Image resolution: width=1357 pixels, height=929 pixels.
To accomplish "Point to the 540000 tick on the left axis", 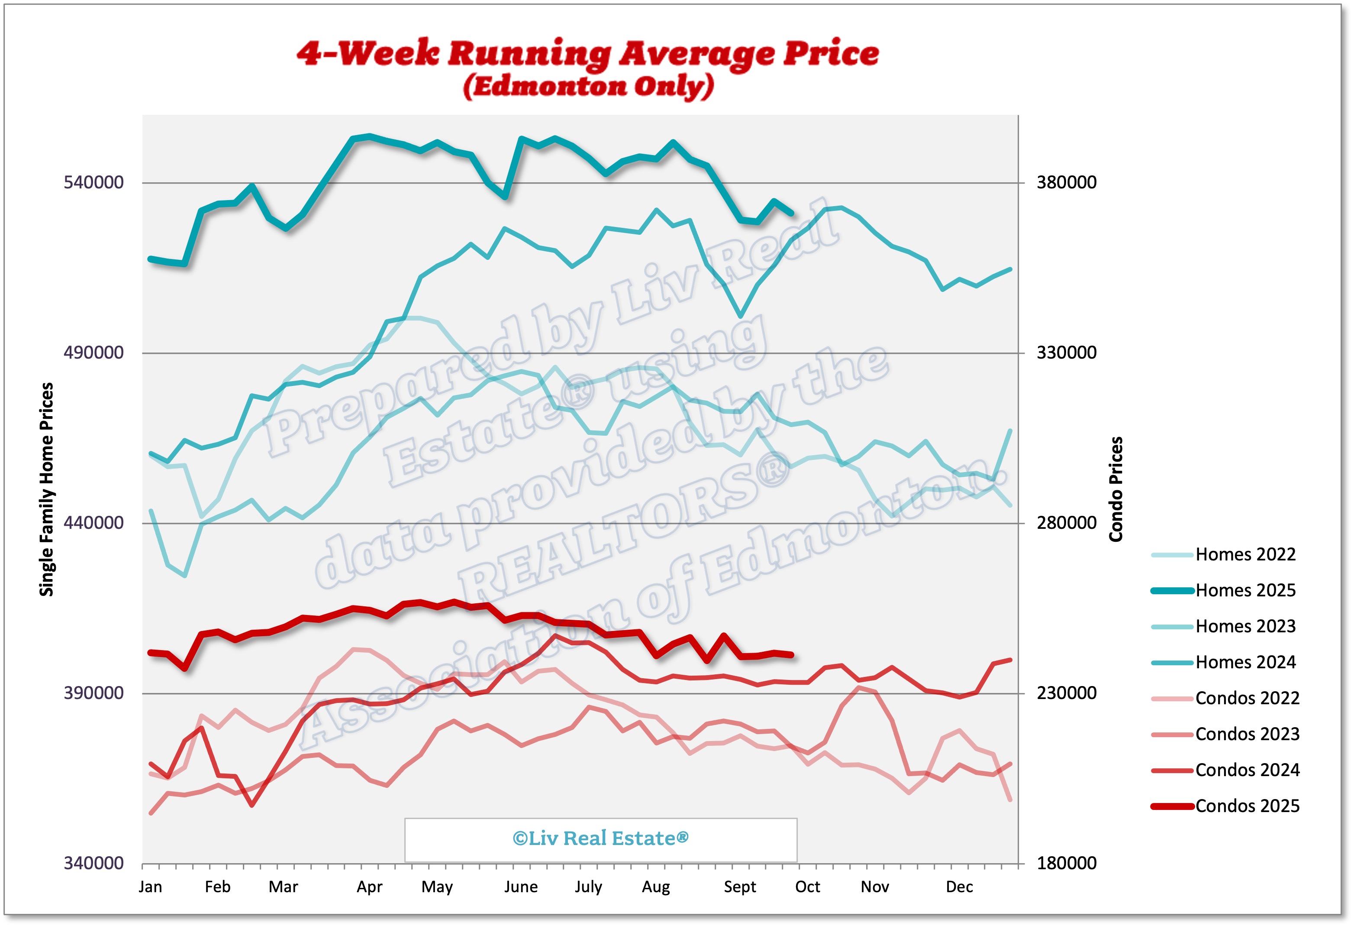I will coord(93,182).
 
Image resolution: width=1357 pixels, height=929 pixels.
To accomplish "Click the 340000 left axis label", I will coord(93,863).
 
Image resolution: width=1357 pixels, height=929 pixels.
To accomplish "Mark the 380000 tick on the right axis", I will coord(1066,182).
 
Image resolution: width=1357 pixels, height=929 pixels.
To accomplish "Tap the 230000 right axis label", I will coord(1066,693).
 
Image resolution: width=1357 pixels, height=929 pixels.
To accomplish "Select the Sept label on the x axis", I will coord(740,887).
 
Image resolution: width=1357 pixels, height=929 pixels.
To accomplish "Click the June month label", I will coord(521,887).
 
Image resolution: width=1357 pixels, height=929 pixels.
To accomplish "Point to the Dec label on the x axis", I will coord(959,887).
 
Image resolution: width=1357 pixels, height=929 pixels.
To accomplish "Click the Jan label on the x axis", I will coord(150,887).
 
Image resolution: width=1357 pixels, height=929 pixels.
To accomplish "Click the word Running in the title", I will coord(529,54).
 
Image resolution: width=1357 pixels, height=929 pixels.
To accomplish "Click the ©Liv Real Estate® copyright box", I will coord(600,839).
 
